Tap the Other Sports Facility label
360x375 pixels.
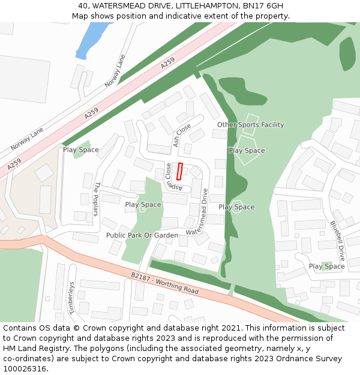click(250, 125)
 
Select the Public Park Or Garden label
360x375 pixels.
click(142, 235)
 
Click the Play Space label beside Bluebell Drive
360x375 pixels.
click(326, 266)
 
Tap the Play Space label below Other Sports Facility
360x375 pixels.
click(247, 151)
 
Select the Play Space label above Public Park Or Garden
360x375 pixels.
click(143, 205)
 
